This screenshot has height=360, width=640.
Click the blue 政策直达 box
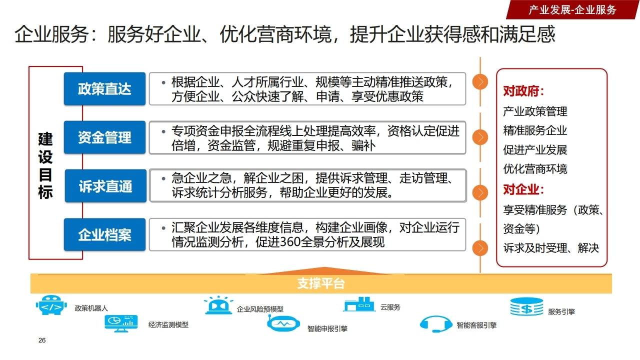[104, 89]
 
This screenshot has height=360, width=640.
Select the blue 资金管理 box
[104, 137]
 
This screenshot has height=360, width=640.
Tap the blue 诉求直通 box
[105, 186]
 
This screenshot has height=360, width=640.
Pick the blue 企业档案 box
[104, 234]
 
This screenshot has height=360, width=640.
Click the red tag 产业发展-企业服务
[572, 9]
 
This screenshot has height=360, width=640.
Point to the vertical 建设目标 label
[45, 165]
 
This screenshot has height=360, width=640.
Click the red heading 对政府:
[523, 92]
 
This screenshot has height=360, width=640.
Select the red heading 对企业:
[523, 190]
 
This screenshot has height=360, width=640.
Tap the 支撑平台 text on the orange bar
[321, 284]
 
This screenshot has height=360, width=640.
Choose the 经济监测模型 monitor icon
[121, 322]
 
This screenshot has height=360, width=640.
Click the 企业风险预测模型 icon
[218, 305]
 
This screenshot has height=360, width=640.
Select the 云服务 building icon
[359, 304]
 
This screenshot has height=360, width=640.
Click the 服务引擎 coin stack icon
[526, 306]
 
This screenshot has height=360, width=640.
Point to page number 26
[42, 340]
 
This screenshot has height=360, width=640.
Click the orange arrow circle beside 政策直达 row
[480, 82]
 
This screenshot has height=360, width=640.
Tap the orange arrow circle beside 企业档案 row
[480, 248]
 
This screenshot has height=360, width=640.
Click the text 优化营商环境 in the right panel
[535, 169]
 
